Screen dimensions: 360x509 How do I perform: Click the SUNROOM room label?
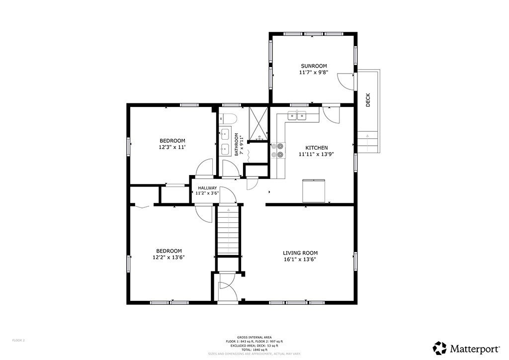tap(314, 66)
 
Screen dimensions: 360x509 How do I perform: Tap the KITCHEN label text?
tap(316, 148)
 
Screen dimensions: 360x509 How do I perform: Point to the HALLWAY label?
tap(207, 188)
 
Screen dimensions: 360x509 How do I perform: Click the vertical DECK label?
tap(368, 101)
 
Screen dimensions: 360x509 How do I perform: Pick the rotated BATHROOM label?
tap(237, 145)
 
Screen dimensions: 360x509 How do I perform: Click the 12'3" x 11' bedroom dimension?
tap(172, 147)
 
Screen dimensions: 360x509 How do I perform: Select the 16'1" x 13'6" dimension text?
tap(300, 259)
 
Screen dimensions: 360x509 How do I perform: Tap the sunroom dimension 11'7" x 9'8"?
tap(314, 73)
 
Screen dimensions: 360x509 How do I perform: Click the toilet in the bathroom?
tap(229, 118)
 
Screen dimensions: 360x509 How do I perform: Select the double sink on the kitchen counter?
tap(297, 116)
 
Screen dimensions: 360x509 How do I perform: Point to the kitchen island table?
tap(314, 190)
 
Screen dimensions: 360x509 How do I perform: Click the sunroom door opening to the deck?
tap(346, 81)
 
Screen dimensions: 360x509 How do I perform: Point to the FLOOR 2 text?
tap(18, 340)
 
